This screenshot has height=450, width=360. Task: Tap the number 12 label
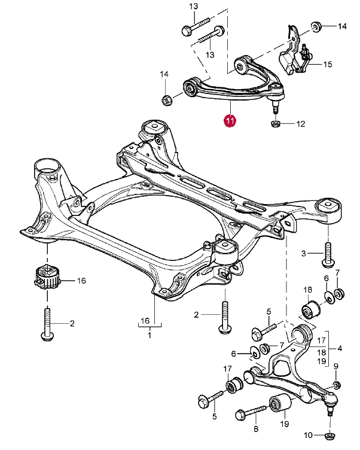[300, 124]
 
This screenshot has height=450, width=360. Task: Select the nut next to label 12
[276, 124]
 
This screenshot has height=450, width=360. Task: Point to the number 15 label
[328, 64]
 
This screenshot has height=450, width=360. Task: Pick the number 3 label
[304, 254]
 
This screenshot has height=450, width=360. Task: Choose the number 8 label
[255, 429]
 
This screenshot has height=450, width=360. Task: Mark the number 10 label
[308, 434]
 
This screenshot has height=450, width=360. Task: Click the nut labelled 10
[330, 434]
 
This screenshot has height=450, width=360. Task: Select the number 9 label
[335, 366]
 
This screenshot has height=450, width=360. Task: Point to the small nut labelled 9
[335, 384]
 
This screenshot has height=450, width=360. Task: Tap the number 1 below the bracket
[150, 335]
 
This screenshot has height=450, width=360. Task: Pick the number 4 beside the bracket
[340, 348]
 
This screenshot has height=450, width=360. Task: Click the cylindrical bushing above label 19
[280, 406]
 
